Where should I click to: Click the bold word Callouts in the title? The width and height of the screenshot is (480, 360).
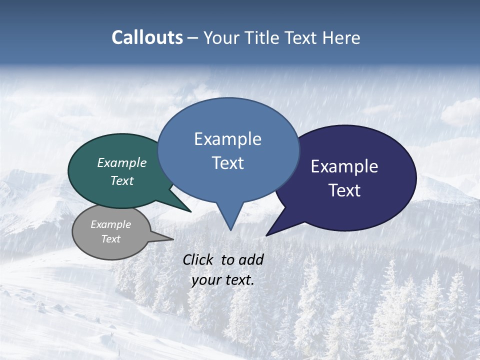[x=147, y=37]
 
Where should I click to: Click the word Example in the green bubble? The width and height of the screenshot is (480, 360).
[x=122, y=162]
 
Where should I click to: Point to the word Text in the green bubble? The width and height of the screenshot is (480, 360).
[x=122, y=180]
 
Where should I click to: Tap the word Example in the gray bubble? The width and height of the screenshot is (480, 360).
[x=111, y=224]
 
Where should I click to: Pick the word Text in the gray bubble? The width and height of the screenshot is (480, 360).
[x=111, y=239]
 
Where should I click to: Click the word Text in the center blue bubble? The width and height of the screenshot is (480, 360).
[x=227, y=162]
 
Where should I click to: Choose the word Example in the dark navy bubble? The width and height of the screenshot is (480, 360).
[x=344, y=166]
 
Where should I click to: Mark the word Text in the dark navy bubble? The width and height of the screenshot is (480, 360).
[x=344, y=190]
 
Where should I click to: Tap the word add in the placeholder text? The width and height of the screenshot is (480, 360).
[x=251, y=259]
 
